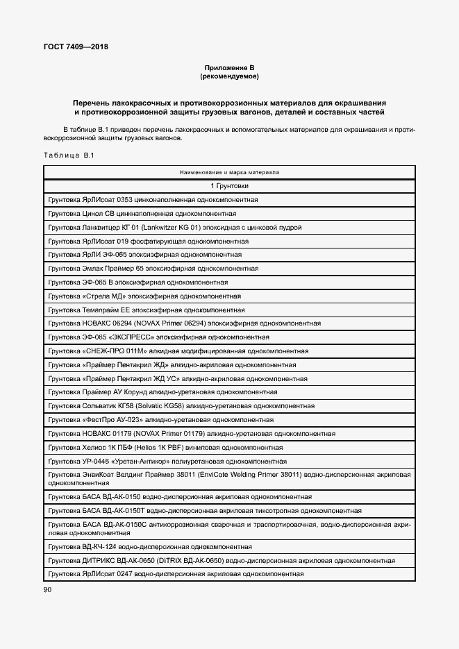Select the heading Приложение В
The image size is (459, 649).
tap(229, 67)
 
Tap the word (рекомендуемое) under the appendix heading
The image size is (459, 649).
tap(229, 76)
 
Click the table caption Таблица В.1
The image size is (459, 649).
tap(68, 155)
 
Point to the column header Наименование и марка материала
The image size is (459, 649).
tap(229, 171)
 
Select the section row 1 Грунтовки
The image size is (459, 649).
tap(229, 186)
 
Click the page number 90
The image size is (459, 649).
tap(47, 589)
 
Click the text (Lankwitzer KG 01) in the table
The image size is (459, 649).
tap(161, 227)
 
